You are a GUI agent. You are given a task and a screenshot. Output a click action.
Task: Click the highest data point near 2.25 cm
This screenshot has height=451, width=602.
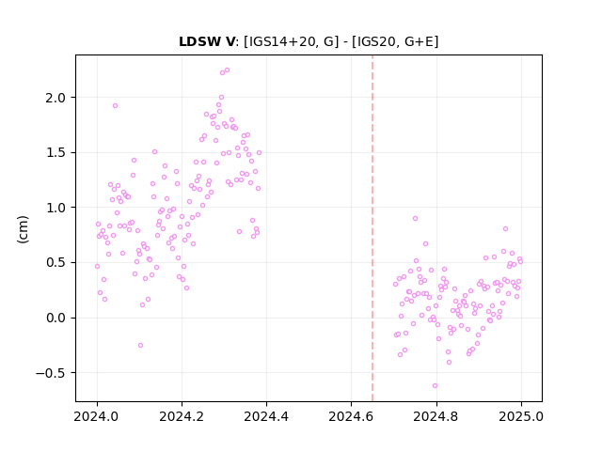click(x=227, y=70)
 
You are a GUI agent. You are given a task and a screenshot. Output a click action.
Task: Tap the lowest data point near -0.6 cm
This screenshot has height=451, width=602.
click(x=435, y=386)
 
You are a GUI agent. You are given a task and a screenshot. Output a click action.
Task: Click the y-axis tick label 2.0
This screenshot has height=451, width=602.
click(x=55, y=98)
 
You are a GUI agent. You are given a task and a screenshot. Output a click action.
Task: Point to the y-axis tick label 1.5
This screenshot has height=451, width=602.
click(x=55, y=152)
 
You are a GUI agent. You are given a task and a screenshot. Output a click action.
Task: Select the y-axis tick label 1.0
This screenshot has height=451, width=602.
click(x=55, y=208)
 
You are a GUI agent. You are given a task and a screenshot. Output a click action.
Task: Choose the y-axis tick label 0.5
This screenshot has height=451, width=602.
click(x=55, y=263)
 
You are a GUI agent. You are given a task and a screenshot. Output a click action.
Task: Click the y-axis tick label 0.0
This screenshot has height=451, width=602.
click(x=55, y=318)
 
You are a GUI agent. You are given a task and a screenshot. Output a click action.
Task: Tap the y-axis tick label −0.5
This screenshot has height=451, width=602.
click(x=51, y=373)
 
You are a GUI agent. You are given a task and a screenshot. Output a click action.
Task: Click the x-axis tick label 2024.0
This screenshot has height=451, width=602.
click(x=97, y=416)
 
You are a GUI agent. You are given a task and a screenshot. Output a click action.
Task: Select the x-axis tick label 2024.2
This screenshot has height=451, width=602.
click(x=182, y=416)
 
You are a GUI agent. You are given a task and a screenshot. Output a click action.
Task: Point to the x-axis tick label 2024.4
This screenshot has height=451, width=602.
click(x=266, y=416)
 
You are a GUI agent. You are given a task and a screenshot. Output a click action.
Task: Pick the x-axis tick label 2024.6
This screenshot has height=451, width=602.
click(x=351, y=416)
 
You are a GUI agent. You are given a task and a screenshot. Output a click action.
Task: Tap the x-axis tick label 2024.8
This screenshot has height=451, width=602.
click(x=436, y=416)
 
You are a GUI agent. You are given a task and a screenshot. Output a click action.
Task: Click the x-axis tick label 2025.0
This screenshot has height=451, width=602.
click(x=521, y=416)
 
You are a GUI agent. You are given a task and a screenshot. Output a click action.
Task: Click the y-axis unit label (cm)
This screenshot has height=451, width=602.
click(x=23, y=229)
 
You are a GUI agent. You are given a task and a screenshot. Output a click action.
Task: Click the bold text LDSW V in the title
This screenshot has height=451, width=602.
click(x=207, y=41)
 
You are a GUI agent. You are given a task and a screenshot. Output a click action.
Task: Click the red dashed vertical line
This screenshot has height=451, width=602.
click(x=372, y=228)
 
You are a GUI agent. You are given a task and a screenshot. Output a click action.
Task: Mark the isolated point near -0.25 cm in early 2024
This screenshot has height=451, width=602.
click(x=140, y=345)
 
